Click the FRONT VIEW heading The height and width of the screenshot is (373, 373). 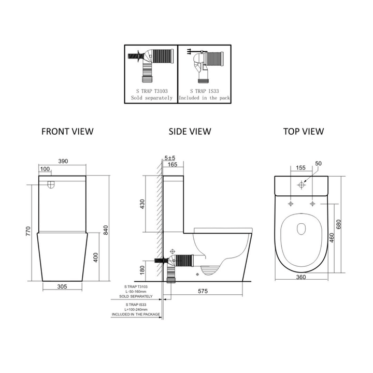tap(67, 131)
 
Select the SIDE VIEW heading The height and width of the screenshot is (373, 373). tap(190, 131)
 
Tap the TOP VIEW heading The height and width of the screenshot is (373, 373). tap(304, 131)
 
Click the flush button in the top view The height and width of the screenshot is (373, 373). tap(302, 184)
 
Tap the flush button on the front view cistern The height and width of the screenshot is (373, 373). tap(50, 183)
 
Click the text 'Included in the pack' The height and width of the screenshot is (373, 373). tap(205, 97)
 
